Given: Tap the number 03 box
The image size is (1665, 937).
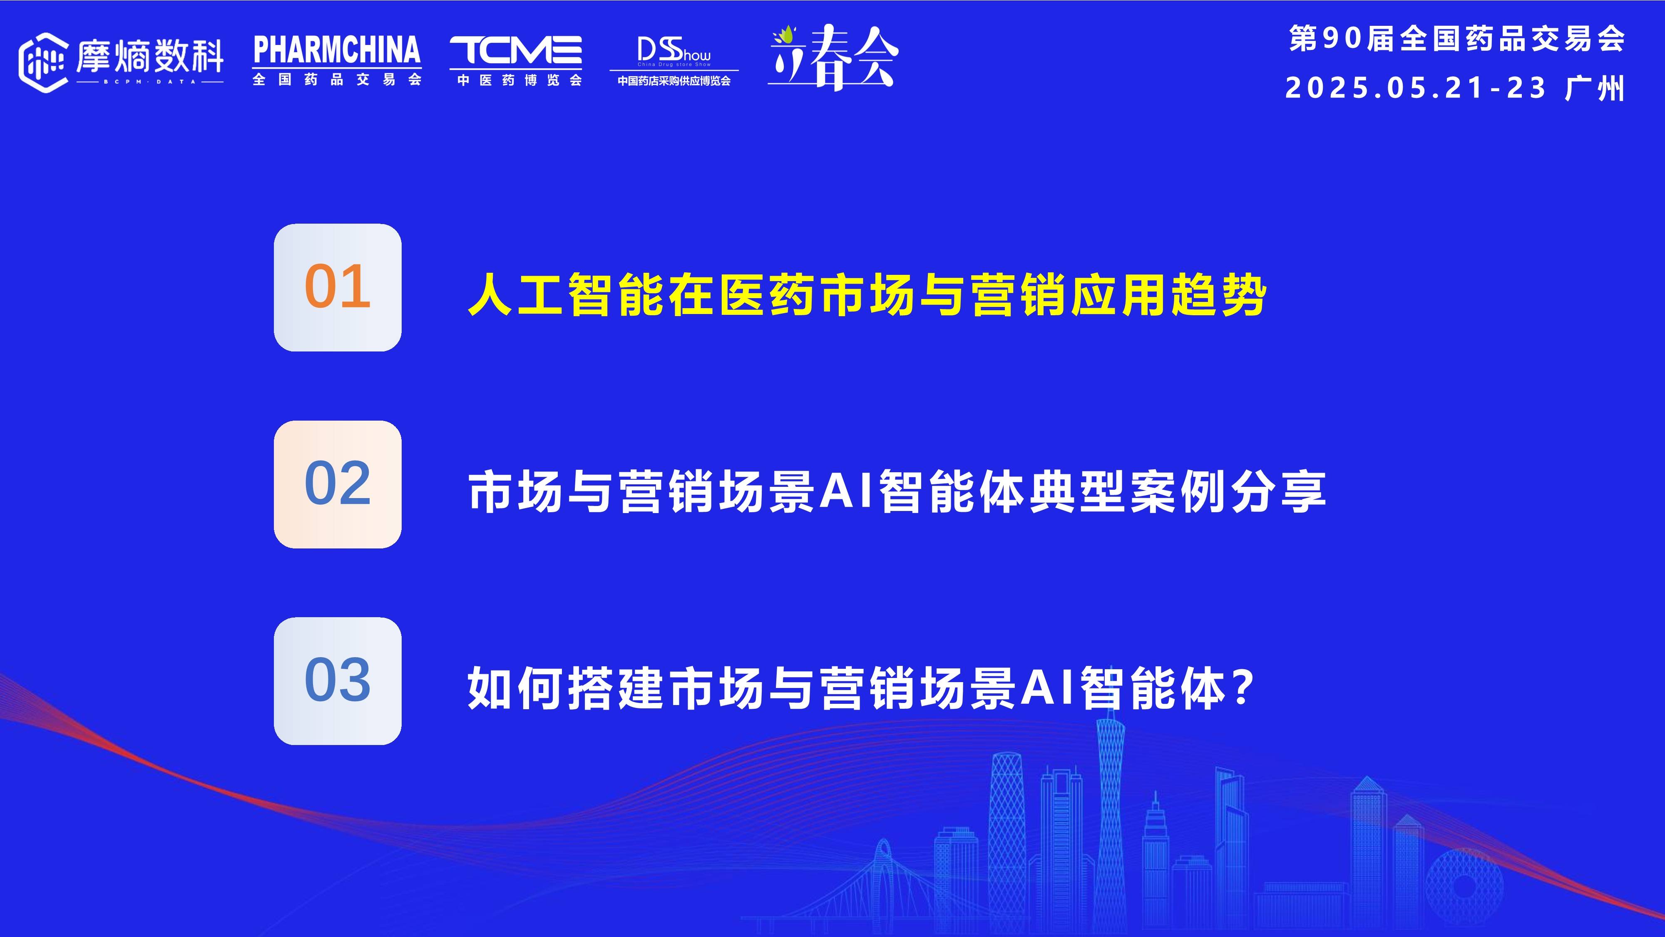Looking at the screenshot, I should coord(338,680).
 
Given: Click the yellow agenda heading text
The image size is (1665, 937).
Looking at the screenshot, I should coord(866,296).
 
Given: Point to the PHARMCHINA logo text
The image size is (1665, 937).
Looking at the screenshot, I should coord(337,50).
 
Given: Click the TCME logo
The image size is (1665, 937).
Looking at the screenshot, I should coord(515,50).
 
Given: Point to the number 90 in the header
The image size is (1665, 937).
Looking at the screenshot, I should coord(1342,39).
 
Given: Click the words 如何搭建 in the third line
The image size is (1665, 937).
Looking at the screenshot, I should coord(566,688).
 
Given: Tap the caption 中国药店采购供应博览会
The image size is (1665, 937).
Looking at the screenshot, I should coord(673,81).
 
